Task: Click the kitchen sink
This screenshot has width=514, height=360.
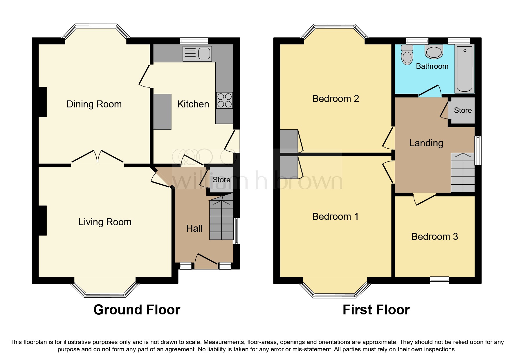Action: tap(197, 54)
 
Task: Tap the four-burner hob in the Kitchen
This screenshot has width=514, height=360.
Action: tap(224, 100)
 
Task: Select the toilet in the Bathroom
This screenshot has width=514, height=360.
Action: tap(407, 55)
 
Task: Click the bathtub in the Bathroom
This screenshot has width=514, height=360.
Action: tap(464, 69)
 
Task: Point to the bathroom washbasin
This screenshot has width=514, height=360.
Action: tap(434, 52)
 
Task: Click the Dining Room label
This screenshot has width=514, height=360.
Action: tap(94, 104)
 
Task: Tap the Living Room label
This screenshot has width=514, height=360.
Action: tap(105, 222)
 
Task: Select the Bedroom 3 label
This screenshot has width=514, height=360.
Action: tap(434, 237)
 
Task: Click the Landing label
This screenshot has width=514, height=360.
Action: tap(426, 143)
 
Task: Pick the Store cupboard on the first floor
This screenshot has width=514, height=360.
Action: tap(463, 110)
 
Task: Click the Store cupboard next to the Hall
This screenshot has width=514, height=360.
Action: tap(221, 180)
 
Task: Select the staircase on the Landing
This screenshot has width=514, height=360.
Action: tap(463, 173)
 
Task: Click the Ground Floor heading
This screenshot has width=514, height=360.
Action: tap(137, 310)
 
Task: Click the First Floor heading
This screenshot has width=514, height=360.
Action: tap(376, 310)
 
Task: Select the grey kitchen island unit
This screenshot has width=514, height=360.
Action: tap(162, 112)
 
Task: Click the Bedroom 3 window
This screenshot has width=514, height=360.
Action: tap(439, 280)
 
